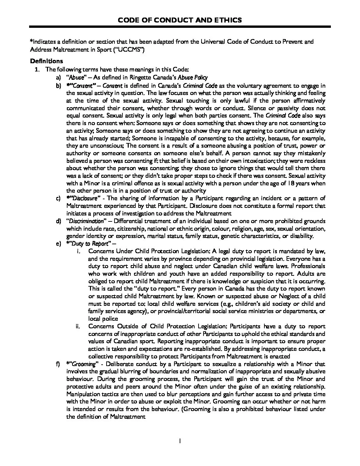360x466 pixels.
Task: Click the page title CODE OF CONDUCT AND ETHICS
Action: [x=180, y=20]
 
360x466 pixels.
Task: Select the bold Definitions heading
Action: [x=46, y=61]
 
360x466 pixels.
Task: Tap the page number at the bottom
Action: [x=180, y=441]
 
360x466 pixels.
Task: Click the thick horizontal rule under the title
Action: [x=180, y=26]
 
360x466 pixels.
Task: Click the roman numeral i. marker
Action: [x=78, y=251]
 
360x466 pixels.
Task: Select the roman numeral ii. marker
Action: [x=78, y=326]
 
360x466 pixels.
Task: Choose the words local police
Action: [x=103, y=319]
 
